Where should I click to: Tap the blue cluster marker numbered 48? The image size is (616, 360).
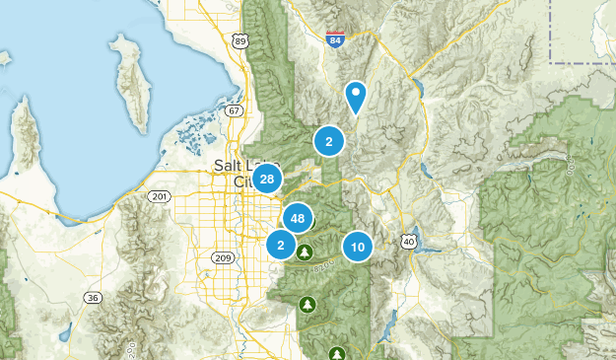pos(298,218)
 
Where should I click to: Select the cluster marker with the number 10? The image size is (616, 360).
pos(357,247)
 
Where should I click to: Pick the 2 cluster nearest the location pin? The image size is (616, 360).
pos(328,141)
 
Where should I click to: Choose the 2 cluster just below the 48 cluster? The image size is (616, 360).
pos(281,244)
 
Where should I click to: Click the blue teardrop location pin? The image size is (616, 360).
pos(356,97)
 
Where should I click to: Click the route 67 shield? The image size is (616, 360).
pos(233,110)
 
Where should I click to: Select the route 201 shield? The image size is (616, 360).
pos(160,197)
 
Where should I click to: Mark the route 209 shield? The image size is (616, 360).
pos(222,258)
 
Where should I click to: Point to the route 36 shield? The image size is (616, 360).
pos(93,297)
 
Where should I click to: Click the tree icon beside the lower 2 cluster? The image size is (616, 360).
pos(304,252)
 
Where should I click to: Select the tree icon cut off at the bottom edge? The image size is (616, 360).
pos(338,353)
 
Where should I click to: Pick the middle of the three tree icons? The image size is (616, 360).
pos(308,304)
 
